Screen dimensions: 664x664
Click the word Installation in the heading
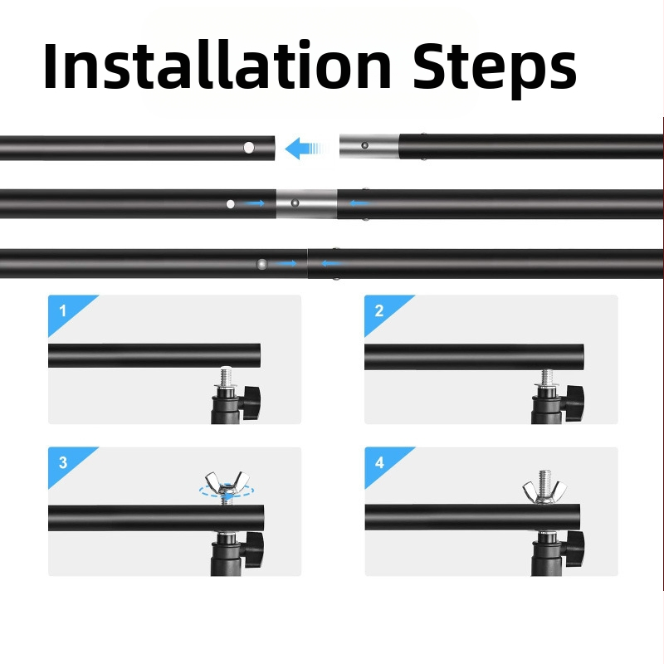tap(217, 66)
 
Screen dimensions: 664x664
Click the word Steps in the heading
tap(494, 70)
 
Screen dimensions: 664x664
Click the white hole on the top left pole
tap(249, 148)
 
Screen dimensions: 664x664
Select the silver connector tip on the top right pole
tap(369, 147)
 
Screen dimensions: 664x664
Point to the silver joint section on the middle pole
tap(306, 203)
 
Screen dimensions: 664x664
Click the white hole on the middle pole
tap(231, 204)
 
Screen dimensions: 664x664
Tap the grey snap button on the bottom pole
tap(262, 264)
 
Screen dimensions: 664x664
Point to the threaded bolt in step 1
tap(226, 377)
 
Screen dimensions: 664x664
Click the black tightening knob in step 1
tap(251, 403)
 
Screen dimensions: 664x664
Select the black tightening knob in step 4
tap(574, 549)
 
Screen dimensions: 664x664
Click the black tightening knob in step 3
tap(253, 549)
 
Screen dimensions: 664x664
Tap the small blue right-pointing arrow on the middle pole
tap(254, 203)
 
